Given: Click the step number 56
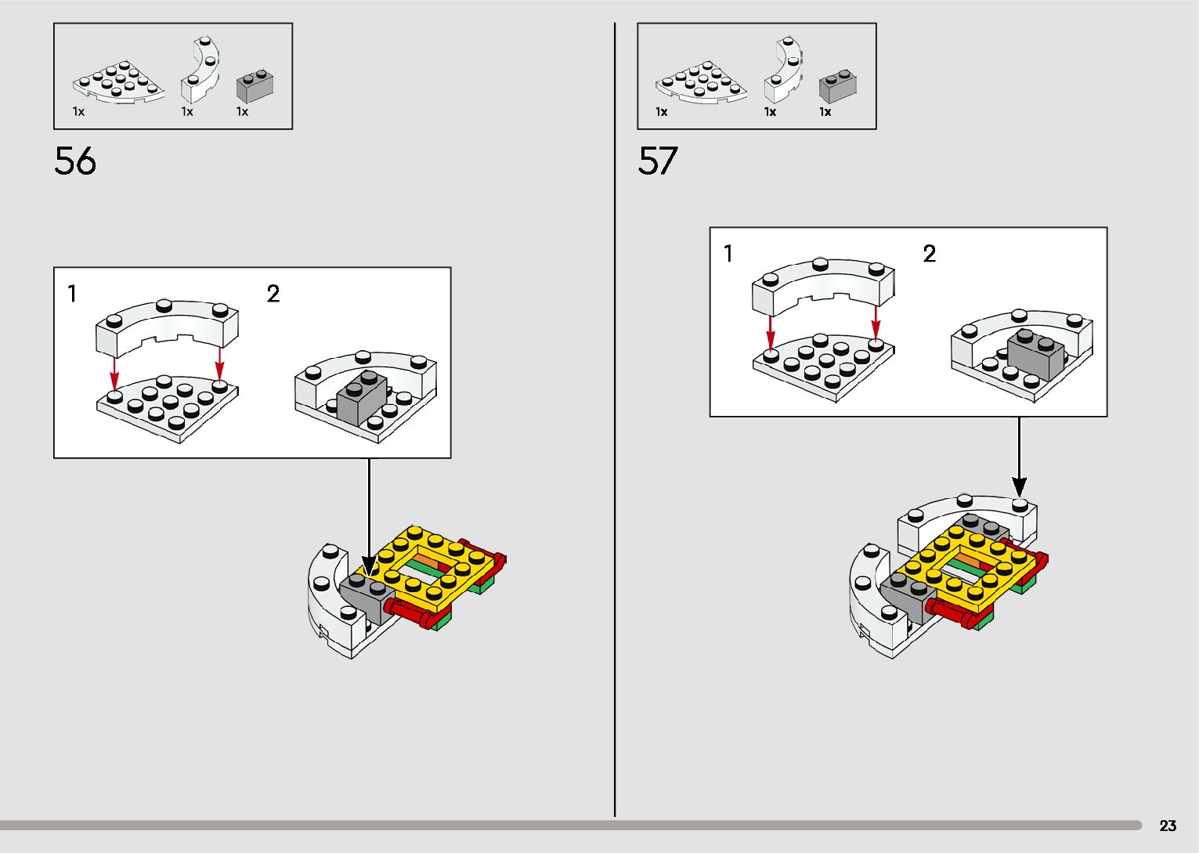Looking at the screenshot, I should tap(75, 161).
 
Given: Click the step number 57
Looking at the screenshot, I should tap(657, 161).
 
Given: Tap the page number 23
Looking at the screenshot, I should tap(1168, 826).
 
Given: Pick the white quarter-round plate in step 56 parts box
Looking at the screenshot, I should tap(119, 83).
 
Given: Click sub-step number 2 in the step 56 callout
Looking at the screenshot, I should tap(273, 294).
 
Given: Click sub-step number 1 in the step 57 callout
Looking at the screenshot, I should tap(728, 254).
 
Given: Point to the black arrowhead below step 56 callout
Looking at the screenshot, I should tap(369, 566).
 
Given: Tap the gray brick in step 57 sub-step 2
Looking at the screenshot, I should tap(1035, 354).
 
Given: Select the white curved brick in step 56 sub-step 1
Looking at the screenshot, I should tap(167, 325).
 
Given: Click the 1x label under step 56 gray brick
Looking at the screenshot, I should tap(242, 112).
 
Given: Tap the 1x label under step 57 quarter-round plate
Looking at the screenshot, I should tap(662, 112).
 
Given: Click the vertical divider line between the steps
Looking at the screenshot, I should tap(615, 423).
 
